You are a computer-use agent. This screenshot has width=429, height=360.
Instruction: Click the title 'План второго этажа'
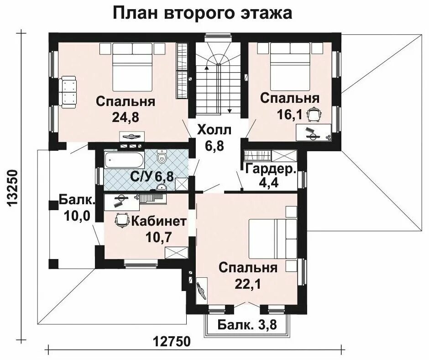(203, 13)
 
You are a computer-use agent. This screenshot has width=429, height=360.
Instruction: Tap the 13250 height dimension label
(12, 188)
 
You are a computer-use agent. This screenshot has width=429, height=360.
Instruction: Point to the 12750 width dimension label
(171, 342)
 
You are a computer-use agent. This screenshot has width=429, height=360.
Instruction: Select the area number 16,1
(290, 114)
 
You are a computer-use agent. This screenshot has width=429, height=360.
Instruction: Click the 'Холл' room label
(214, 130)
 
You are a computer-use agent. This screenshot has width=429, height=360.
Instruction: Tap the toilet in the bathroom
(162, 157)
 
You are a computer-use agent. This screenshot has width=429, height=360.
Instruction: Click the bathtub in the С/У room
(124, 161)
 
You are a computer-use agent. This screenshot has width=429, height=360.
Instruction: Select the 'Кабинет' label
(159, 221)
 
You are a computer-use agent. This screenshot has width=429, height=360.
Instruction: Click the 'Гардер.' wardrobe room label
(271, 169)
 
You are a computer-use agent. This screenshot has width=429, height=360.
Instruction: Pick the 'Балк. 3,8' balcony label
(247, 325)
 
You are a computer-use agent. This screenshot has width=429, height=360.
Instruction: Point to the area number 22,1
(248, 284)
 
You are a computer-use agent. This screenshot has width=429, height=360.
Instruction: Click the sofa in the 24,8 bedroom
(67, 92)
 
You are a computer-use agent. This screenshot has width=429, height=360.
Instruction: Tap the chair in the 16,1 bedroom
(314, 115)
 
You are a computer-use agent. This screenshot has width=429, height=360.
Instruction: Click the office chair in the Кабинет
(122, 220)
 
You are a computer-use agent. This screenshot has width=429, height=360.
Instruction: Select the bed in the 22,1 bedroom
(272, 238)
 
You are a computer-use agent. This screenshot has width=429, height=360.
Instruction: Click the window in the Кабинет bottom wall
(141, 264)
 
